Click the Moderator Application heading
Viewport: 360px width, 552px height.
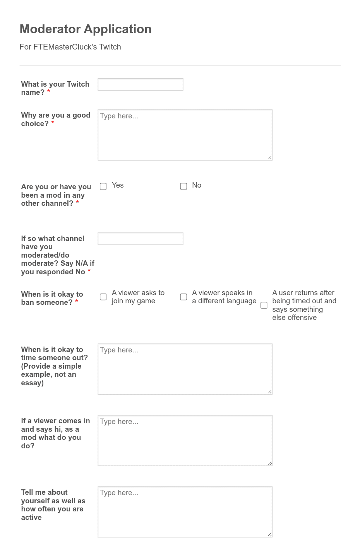click(86, 29)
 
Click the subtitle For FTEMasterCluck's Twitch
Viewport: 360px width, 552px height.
click(70, 47)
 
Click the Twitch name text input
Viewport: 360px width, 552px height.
click(140, 84)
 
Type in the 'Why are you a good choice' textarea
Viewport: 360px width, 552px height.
click(185, 135)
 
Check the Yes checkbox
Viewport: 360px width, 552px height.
click(103, 186)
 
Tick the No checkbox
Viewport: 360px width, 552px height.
click(183, 186)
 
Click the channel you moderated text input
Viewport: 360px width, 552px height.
click(140, 239)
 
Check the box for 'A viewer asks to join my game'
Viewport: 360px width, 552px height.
click(103, 297)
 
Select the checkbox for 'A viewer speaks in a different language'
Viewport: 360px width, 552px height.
click(183, 297)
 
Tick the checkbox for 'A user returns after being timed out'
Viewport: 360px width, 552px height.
click(264, 305)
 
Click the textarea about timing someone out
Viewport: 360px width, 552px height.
click(185, 369)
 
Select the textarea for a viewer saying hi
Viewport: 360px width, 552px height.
click(185, 440)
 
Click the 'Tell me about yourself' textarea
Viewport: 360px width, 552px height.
click(185, 511)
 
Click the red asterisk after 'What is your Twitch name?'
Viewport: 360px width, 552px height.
click(49, 92)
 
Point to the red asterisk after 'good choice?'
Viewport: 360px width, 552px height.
click(53, 123)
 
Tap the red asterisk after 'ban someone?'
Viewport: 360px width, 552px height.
click(77, 302)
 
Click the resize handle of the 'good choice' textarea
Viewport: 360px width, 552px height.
click(270, 157)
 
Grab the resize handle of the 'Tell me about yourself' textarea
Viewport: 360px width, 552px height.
click(270, 535)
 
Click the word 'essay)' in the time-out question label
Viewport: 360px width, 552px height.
click(32, 383)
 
